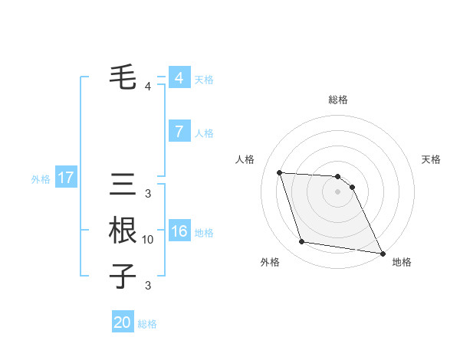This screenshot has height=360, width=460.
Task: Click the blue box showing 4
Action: click(179, 78)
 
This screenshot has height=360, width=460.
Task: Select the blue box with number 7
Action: click(179, 132)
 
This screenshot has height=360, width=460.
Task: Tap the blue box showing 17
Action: click(66, 178)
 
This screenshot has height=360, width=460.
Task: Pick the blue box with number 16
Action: click(179, 231)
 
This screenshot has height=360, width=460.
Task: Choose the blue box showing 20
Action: click(123, 322)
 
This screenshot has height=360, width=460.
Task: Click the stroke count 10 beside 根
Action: click(148, 240)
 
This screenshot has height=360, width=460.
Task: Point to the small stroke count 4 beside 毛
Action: click(148, 87)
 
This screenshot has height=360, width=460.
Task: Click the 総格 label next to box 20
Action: click(147, 324)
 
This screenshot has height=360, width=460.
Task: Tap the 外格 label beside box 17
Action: click(41, 179)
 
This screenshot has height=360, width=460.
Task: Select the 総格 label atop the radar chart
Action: click(338, 100)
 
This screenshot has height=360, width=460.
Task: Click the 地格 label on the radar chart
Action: click(402, 262)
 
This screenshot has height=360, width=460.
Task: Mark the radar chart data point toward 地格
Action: click(382, 252)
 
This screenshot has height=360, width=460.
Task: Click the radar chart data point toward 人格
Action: click(279, 172)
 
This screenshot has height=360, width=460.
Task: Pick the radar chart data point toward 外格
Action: click(302, 242)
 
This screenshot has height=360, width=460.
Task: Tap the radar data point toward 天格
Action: click(352, 187)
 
